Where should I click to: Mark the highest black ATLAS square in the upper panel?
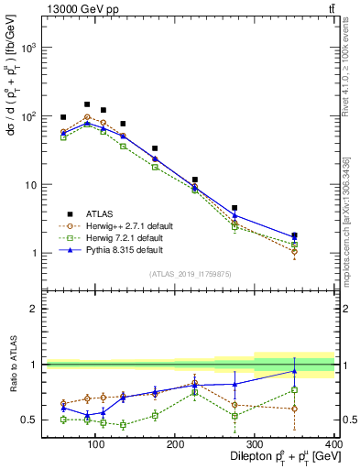click(87, 104)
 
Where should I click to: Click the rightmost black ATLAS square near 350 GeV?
click(320, 235)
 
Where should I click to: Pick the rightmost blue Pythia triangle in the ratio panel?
click(320, 371)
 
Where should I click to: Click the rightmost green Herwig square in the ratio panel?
click(320, 389)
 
